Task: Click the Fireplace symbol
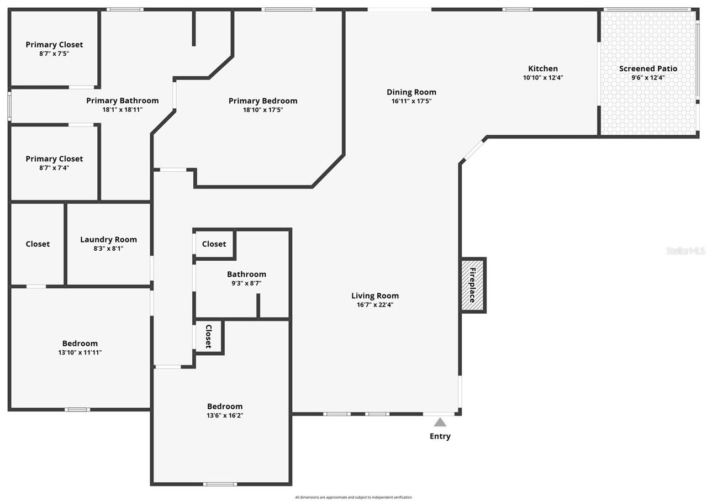pos(473,285)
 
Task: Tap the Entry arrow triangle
pos(440,423)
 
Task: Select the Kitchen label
pos(543,69)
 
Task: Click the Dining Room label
pos(411,92)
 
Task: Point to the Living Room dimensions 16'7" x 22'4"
pos(375,305)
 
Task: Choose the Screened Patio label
pos(648,69)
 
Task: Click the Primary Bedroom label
pos(263,101)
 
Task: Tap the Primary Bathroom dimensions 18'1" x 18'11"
pos(122,110)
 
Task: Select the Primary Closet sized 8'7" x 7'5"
pos(54,45)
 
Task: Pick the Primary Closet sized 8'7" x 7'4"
pos(54,159)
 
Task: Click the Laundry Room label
pos(108,240)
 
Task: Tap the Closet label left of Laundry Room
pos(38,244)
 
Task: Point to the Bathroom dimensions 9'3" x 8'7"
pos(246,283)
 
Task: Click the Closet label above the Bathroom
pos(214,244)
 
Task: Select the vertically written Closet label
pos(209,336)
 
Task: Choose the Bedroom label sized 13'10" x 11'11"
pos(80,344)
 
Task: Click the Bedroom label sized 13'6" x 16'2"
pos(225,407)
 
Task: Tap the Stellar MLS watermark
pos(685,251)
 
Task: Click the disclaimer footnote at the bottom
pos(353,497)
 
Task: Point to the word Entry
pos(440,436)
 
